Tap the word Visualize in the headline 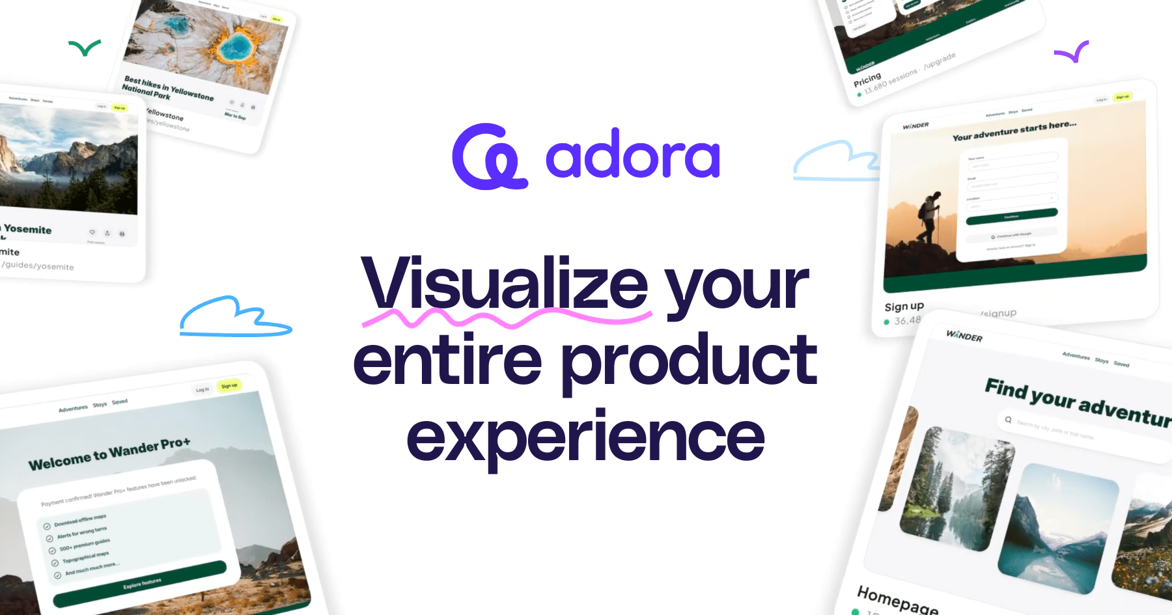click(505, 284)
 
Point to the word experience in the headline click(585, 437)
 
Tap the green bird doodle click(85, 48)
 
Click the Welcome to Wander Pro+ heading click(109, 454)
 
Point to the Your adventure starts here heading click(1014, 131)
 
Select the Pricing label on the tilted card click(867, 80)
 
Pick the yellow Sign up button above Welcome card click(229, 386)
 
